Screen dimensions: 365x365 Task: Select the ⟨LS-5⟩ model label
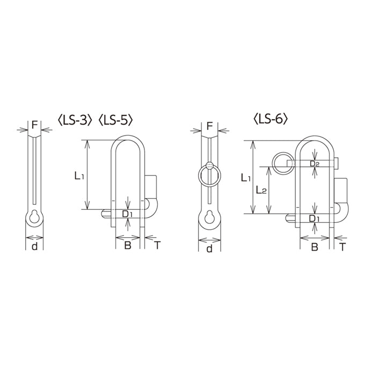[116, 120]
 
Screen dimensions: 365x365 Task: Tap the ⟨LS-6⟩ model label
[271, 119]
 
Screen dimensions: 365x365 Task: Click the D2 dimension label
[315, 164]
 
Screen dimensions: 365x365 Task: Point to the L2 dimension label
[261, 190]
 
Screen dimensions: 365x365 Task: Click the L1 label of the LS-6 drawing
[246, 178]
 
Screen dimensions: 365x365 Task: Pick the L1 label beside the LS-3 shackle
[79, 176]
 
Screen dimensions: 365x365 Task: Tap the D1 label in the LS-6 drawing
[314, 218]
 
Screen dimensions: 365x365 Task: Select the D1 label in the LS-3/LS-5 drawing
[127, 214]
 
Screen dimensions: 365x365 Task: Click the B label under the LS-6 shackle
[315, 247]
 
